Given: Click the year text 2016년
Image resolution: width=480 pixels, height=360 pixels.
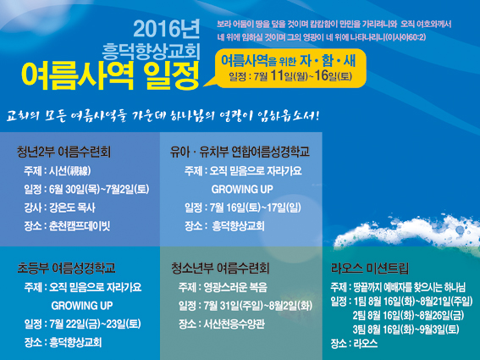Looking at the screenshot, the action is pyautogui.click(x=166, y=29).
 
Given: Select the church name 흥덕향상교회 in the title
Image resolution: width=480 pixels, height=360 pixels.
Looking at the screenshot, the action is pyautogui.click(x=151, y=51).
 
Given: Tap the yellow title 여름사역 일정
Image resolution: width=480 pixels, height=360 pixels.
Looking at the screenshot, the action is pyautogui.click(x=111, y=75).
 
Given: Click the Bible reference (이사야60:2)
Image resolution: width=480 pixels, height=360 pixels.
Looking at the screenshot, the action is pyautogui.click(x=406, y=37).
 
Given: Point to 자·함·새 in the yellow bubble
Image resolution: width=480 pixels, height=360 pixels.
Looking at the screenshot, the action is pyautogui.click(x=328, y=61).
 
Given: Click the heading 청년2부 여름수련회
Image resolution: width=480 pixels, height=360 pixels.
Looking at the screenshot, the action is pyautogui.click(x=63, y=152).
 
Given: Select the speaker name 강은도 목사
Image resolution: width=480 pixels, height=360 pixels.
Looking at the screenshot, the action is pyautogui.click(x=72, y=208).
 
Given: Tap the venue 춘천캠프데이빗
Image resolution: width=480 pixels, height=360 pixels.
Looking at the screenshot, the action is pyautogui.click(x=80, y=226).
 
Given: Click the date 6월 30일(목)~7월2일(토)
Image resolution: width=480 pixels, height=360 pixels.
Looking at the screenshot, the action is pyautogui.click(x=99, y=190).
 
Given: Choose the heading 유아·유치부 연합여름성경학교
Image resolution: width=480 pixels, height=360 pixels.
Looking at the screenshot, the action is pyautogui.click(x=240, y=152).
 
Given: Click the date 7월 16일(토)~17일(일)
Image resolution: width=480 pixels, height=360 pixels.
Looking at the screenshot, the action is pyautogui.click(x=256, y=208).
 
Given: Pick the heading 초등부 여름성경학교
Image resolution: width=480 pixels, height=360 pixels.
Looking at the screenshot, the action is pyautogui.click(x=66, y=268).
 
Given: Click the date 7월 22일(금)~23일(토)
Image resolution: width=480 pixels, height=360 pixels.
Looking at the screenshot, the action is pyautogui.click(x=95, y=324).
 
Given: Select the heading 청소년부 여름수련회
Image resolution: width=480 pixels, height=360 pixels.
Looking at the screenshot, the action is pyautogui.click(x=220, y=268).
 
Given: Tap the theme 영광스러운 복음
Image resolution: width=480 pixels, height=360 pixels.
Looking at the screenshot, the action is pyautogui.click(x=235, y=287).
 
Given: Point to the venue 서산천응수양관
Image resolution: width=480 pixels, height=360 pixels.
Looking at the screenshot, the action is pyautogui.click(x=234, y=324).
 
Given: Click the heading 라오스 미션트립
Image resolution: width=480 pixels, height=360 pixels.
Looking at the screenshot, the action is pyautogui.click(x=370, y=268).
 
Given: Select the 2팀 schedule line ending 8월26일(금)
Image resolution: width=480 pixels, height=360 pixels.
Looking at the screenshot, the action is pyautogui.click(x=408, y=315).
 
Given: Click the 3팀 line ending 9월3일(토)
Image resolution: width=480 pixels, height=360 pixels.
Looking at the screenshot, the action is pyautogui.click(x=406, y=330).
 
